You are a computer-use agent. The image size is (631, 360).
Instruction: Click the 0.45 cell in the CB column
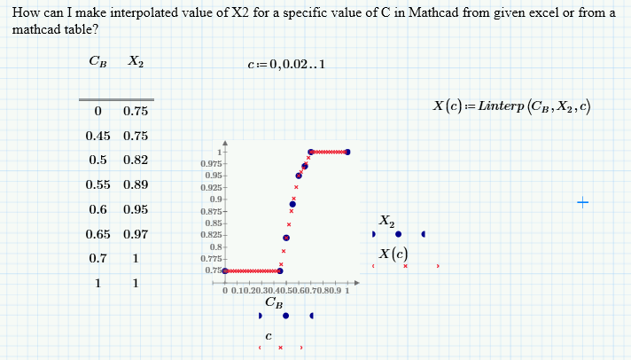click(x=97, y=136)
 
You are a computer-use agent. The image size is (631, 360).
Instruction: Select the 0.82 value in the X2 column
click(x=136, y=160)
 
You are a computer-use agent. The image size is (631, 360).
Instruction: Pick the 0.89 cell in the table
click(x=136, y=185)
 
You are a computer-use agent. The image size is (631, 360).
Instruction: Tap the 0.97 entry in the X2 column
click(x=136, y=235)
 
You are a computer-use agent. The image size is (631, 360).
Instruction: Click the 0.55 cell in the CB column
click(x=97, y=185)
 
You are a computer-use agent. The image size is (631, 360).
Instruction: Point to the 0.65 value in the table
click(x=97, y=235)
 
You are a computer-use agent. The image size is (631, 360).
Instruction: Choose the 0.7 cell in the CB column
click(x=97, y=259)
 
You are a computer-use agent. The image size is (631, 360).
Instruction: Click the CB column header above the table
click(x=97, y=62)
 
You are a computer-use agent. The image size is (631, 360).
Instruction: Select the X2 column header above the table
click(x=136, y=62)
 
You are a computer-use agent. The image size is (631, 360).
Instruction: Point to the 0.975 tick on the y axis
click(x=211, y=164)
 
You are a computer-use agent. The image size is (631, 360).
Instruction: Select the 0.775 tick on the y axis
click(x=211, y=258)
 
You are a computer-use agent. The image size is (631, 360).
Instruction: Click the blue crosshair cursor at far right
click(x=582, y=203)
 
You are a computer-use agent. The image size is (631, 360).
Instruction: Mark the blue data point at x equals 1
click(x=348, y=153)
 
